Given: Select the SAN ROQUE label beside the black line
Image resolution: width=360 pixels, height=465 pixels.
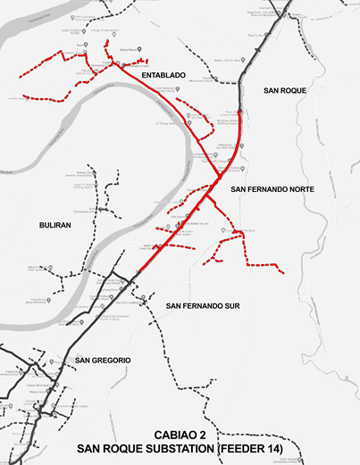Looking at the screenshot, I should (x=284, y=91).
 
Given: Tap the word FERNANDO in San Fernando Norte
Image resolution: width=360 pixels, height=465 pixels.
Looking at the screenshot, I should (x=258, y=190).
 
